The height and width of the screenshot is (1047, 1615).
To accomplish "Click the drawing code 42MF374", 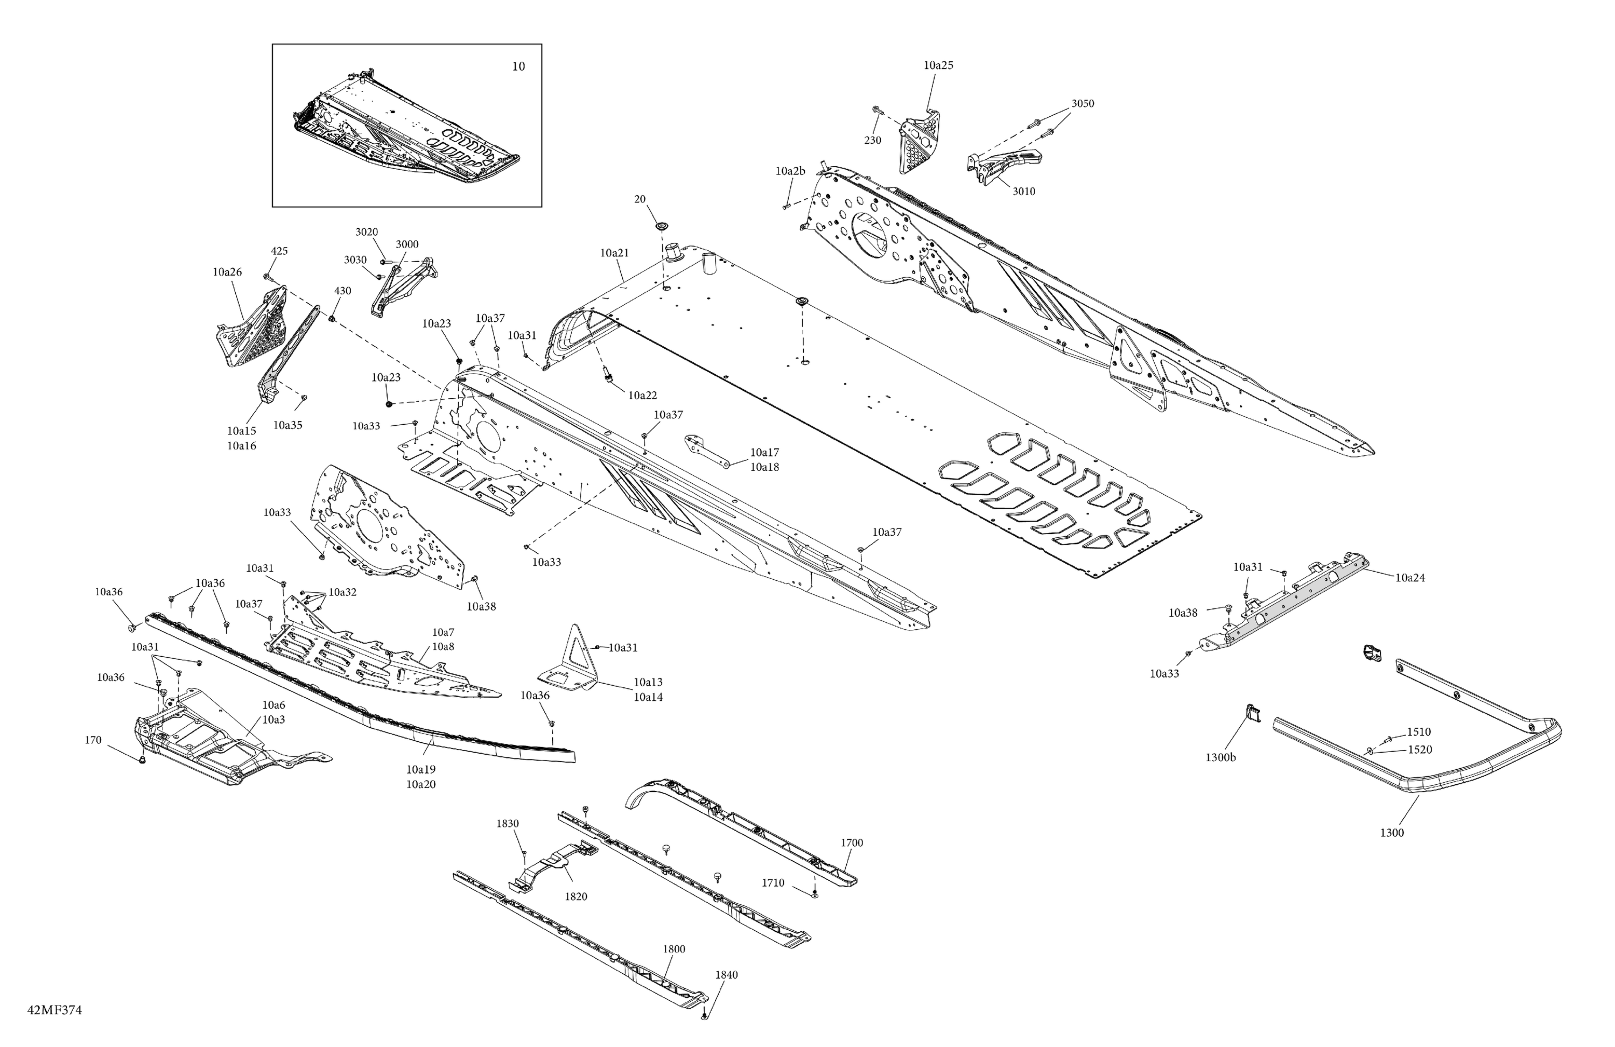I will coord(54,1010).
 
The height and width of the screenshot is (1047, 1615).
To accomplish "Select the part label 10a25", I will coord(938,66).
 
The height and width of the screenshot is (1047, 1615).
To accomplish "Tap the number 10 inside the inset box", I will coord(518,67).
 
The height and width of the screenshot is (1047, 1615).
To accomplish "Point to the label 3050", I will coord(1083,104).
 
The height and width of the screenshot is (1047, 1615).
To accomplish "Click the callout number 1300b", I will coord(1220,758).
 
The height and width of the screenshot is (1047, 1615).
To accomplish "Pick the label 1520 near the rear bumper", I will coord(1420,750).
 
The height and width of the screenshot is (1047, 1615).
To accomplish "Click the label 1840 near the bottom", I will coord(726,975).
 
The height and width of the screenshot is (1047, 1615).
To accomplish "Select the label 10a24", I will coord(1410,578).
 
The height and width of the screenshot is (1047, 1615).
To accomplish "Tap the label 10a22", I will coord(642,396).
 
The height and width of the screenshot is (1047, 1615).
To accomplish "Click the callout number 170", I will coord(93,740).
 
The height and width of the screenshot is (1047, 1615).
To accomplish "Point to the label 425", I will coord(279,251).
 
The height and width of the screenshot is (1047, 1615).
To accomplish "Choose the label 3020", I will coord(367,232).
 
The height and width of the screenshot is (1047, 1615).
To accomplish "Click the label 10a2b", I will coord(790,172).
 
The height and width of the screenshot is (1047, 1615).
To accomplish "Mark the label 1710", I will coord(773,883).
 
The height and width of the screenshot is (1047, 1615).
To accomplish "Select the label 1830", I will coord(507,824).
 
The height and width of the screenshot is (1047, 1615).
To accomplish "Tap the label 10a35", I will coord(287,425).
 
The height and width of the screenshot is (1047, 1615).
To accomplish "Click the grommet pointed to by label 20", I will coord(661,224).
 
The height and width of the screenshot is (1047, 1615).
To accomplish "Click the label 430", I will coord(343,291).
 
